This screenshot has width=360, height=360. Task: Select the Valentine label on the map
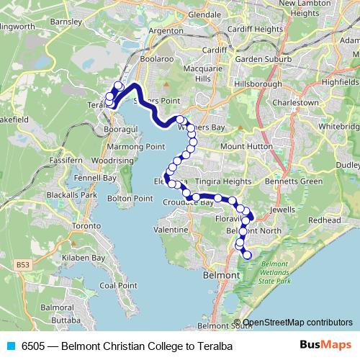point(171,229)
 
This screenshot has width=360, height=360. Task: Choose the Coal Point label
point(118,285)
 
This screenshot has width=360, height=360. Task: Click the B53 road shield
point(24,266)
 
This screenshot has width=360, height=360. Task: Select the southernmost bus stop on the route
point(248,255)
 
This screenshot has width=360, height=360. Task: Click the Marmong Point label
point(137,146)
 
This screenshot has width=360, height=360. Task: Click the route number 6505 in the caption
point(32,346)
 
